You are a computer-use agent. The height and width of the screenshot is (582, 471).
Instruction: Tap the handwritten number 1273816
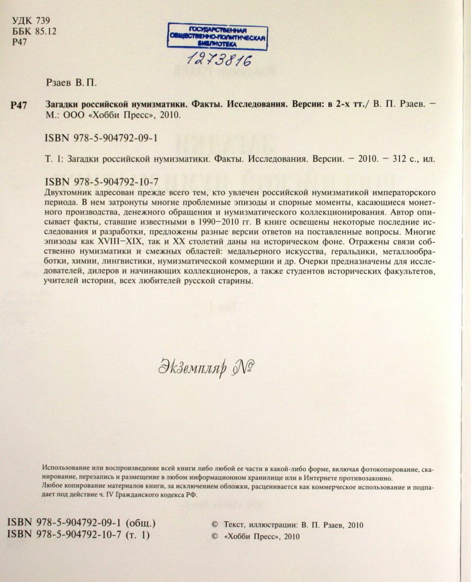point(219,59)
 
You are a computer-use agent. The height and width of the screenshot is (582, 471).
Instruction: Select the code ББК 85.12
point(33,32)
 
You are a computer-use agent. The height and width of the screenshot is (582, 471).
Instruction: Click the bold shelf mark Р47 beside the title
point(18,105)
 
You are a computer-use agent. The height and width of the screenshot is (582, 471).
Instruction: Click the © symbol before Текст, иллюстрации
point(215,525)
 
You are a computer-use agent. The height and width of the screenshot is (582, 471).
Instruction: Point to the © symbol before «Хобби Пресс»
point(215,536)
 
